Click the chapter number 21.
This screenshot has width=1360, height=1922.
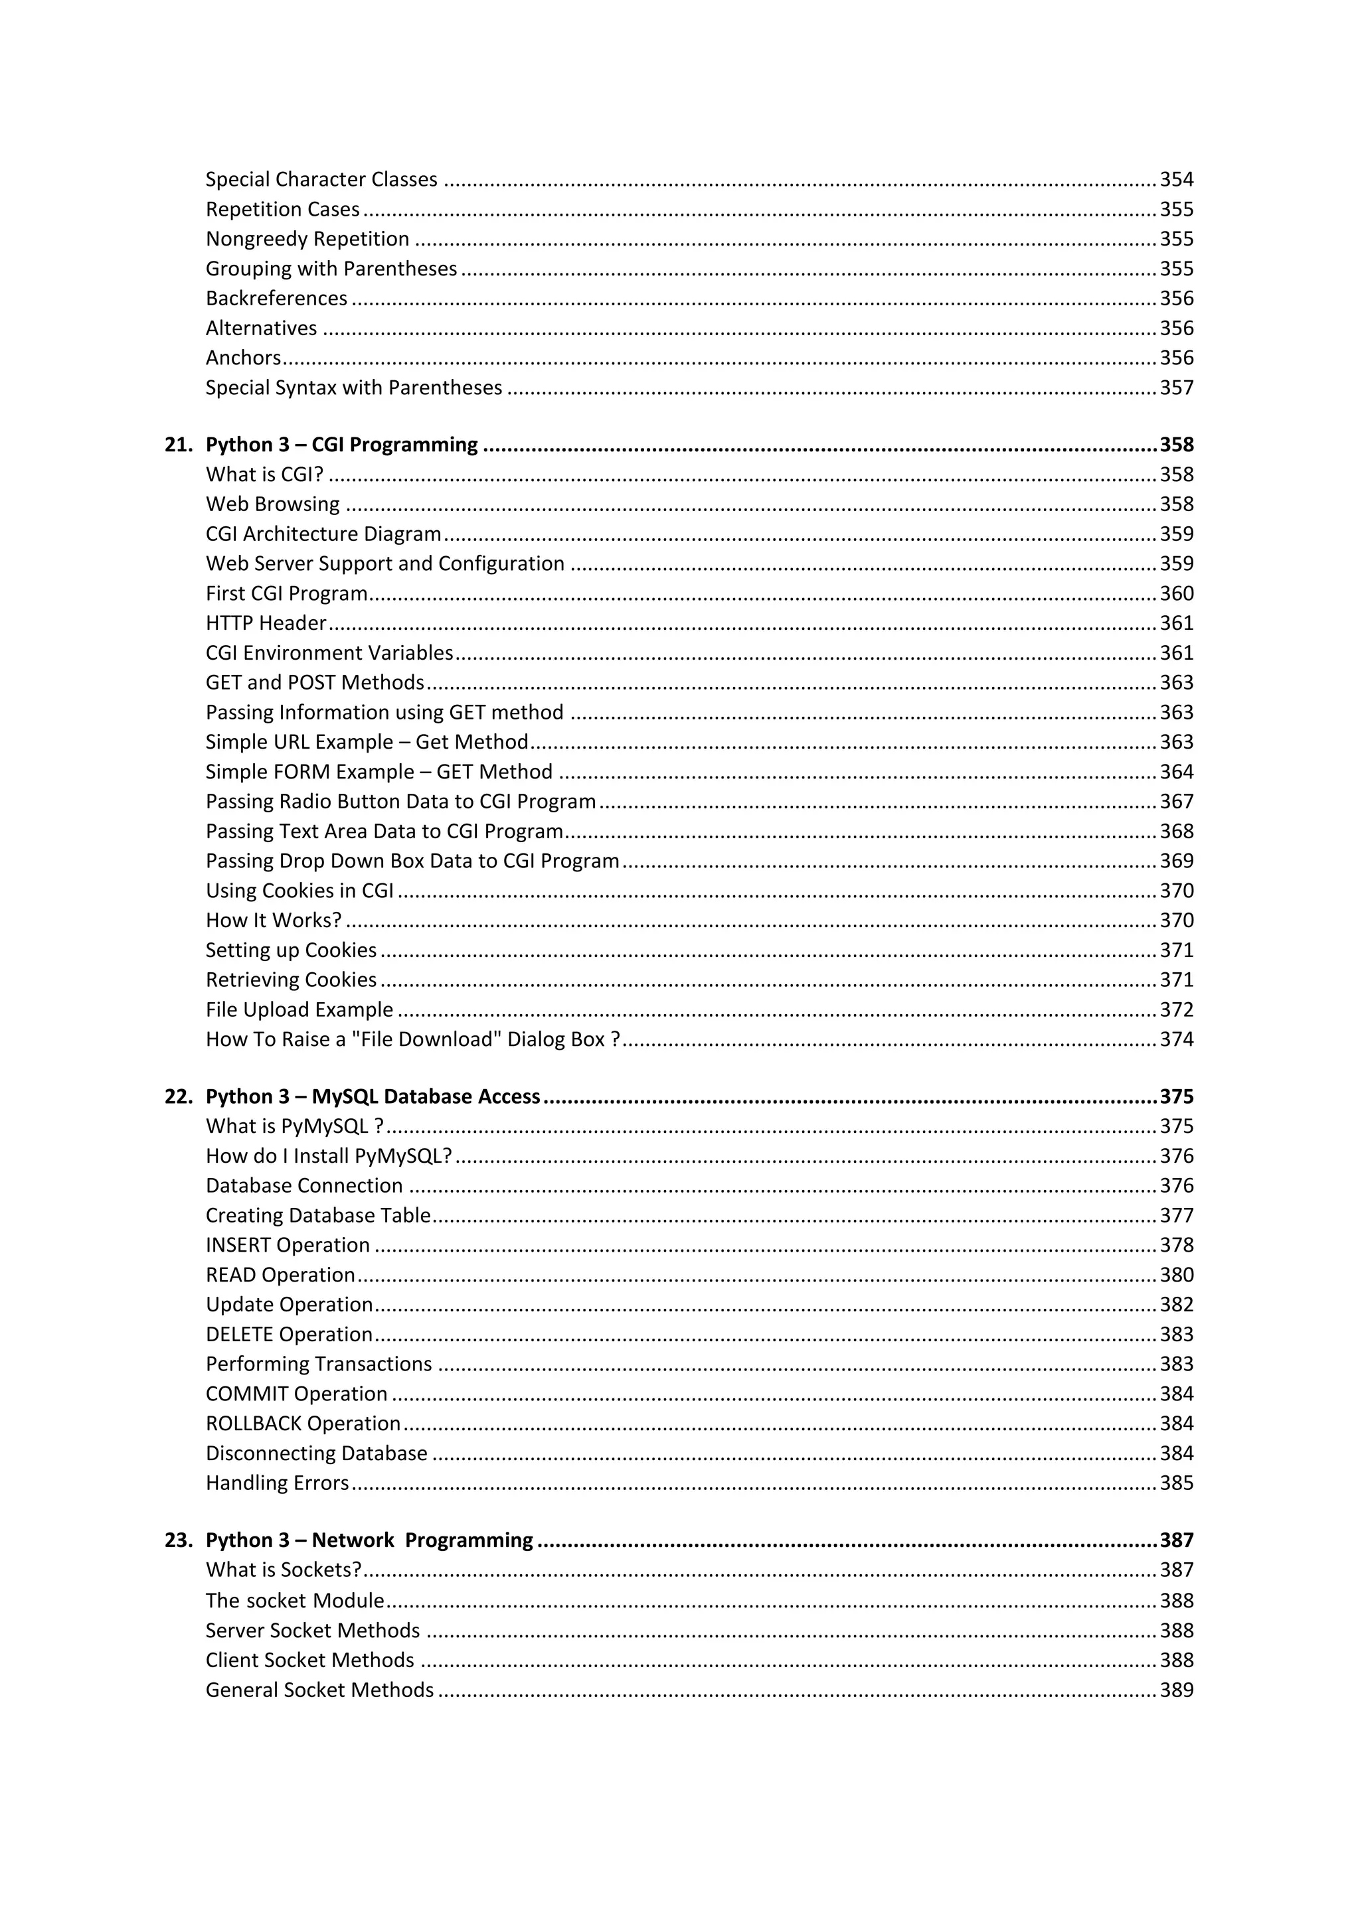pyautogui.click(x=179, y=445)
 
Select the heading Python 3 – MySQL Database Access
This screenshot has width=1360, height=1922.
pyautogui.click(x=373, y=1096)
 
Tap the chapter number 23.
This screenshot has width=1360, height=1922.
pyautogui.click(x=179, y=1540)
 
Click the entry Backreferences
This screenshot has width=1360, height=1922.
pyautogui.click(x=276, y=299)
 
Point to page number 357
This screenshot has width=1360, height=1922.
pyautogui.click(x=1176, y=388)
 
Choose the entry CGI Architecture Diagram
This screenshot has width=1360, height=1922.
pyautogui.click(x=323, y=534)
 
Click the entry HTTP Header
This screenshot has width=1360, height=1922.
pyautogui.click(x=266, y=623)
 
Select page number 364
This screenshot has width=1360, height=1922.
pyautogui.click(x=1176, y=772)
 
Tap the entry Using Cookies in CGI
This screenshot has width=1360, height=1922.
pyautogui.click(x=299, y=891)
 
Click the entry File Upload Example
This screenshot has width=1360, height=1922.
pyautogui.click(x=299, y=1009)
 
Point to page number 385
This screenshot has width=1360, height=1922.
pyautogui.click(x=1176, y=1483)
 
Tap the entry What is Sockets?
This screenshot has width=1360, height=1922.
pyautogui.click(x=283, y=1570)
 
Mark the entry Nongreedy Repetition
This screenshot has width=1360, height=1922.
pyautogui.click(x=307, y=240)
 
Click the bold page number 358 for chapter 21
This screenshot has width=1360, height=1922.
pyautogui.click(x=1176, y=445)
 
